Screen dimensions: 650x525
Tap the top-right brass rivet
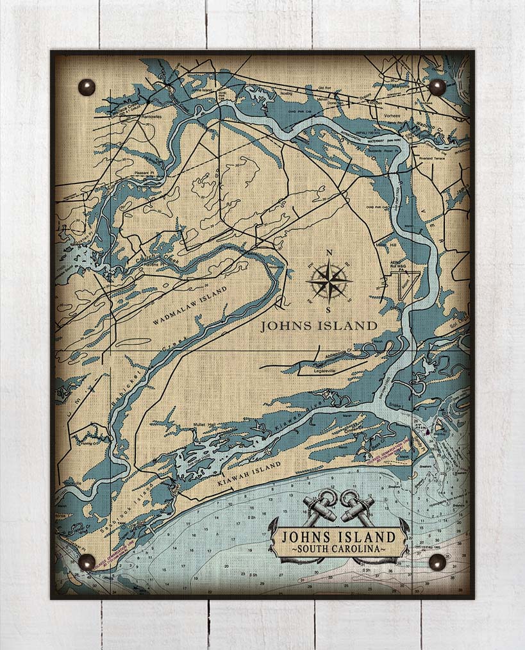437,87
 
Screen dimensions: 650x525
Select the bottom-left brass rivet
87,562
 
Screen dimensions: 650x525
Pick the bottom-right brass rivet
437,562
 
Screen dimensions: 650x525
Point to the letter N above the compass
329,252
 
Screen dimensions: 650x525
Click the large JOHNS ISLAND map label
319,326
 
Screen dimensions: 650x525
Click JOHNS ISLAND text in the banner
338,536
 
